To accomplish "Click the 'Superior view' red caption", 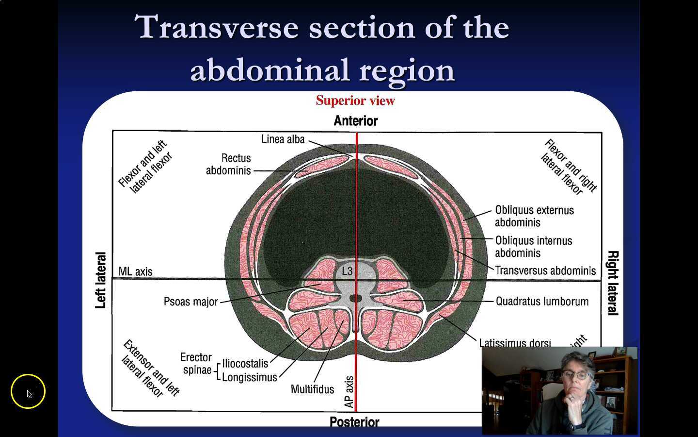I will (355, 101).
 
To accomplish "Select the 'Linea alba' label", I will (283, 139).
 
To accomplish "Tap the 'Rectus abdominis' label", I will (229, 164).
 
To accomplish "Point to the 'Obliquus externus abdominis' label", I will (534, 216).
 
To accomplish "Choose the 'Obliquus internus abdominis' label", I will (533, 247).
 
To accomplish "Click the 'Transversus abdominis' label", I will (545, 270).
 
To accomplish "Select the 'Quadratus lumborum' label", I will (541, 302).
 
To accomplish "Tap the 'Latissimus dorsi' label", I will (514, 343).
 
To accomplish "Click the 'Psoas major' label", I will (190, 302).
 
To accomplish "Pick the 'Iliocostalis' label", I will (245, 364).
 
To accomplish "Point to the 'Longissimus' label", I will (249, 377).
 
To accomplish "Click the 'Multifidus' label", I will (312, 389).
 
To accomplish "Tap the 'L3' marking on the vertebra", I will (347, 271).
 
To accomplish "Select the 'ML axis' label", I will (135, 271).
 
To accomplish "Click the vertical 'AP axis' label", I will (349, 392).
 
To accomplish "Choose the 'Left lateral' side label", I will (100, 280).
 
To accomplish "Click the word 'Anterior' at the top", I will (355, 121).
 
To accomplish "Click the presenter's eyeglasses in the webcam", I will (576, 375).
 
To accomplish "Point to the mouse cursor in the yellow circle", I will (29, 394).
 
